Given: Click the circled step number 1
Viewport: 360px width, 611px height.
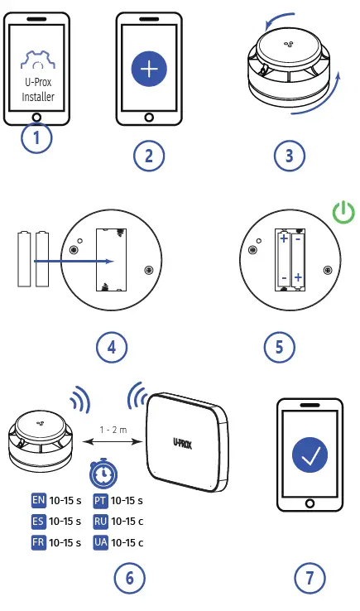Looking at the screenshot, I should pos(36,137).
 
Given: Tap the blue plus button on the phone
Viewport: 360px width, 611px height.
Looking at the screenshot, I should pos(149,69).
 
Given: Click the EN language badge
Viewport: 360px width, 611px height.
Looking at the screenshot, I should pos(38,500).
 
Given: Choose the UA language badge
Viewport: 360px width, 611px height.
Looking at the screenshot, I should pos(100,542).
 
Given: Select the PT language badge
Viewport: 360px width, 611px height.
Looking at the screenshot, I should pos(100,500).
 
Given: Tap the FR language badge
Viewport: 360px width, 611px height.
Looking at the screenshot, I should pos(38,542).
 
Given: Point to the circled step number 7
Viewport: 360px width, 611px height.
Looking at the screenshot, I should pos(310,578).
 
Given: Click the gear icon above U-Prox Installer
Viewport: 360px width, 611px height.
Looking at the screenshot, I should pos(36,60).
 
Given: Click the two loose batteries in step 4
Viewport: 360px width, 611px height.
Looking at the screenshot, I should pos(33,260).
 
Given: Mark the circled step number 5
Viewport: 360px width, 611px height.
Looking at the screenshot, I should pos(279,347).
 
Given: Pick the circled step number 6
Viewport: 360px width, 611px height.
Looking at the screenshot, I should pos(128,578).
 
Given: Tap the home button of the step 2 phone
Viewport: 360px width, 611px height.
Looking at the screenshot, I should pos(149,116).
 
